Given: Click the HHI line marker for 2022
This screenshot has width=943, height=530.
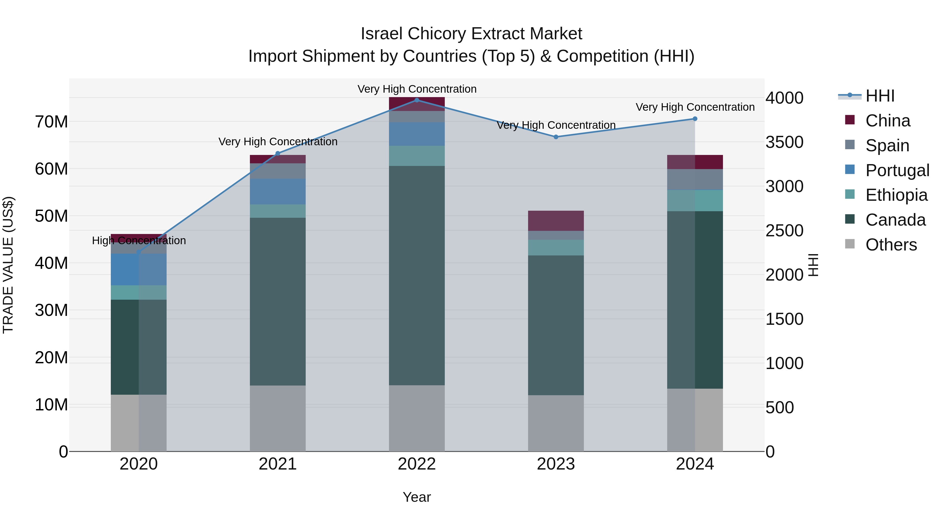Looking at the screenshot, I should (416, 100).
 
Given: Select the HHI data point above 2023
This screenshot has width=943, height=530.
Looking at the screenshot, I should (556, 137).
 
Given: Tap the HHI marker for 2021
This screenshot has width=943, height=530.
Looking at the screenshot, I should (277, 153).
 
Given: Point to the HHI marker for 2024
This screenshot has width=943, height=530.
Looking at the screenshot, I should (695, 119).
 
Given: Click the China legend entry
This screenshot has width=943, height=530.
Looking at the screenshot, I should (887, 121).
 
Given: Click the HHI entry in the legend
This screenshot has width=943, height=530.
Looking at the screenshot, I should (879, 96).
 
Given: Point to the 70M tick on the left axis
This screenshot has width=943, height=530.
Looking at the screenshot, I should (51, 122).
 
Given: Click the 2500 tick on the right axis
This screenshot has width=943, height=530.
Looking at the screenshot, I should (784, 231).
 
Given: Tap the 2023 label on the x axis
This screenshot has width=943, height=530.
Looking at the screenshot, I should (556, 464).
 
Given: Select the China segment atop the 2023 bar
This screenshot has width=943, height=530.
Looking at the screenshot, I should (556, 221).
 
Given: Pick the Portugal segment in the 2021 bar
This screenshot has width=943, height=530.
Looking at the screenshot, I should (277, 191).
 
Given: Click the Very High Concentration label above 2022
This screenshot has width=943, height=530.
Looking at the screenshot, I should (416, 89).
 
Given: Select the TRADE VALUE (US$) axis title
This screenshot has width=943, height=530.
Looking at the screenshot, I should (8, 265).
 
